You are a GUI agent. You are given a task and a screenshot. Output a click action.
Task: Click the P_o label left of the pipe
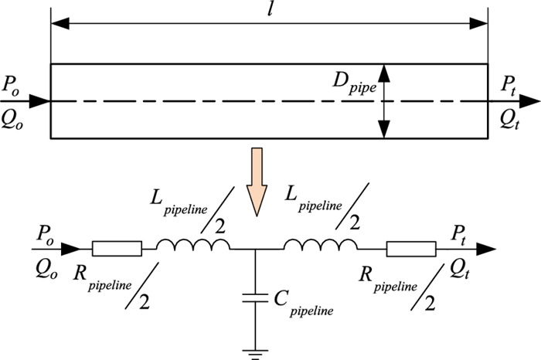click(12, 86)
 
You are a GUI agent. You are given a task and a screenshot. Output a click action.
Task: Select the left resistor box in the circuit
click(117, 249)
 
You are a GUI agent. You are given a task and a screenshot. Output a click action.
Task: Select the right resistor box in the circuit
click(411, 249)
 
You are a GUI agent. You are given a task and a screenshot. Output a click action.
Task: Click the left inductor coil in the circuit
click(193, 245)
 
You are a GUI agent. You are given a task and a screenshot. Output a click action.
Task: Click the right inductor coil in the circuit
click(321, 245)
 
